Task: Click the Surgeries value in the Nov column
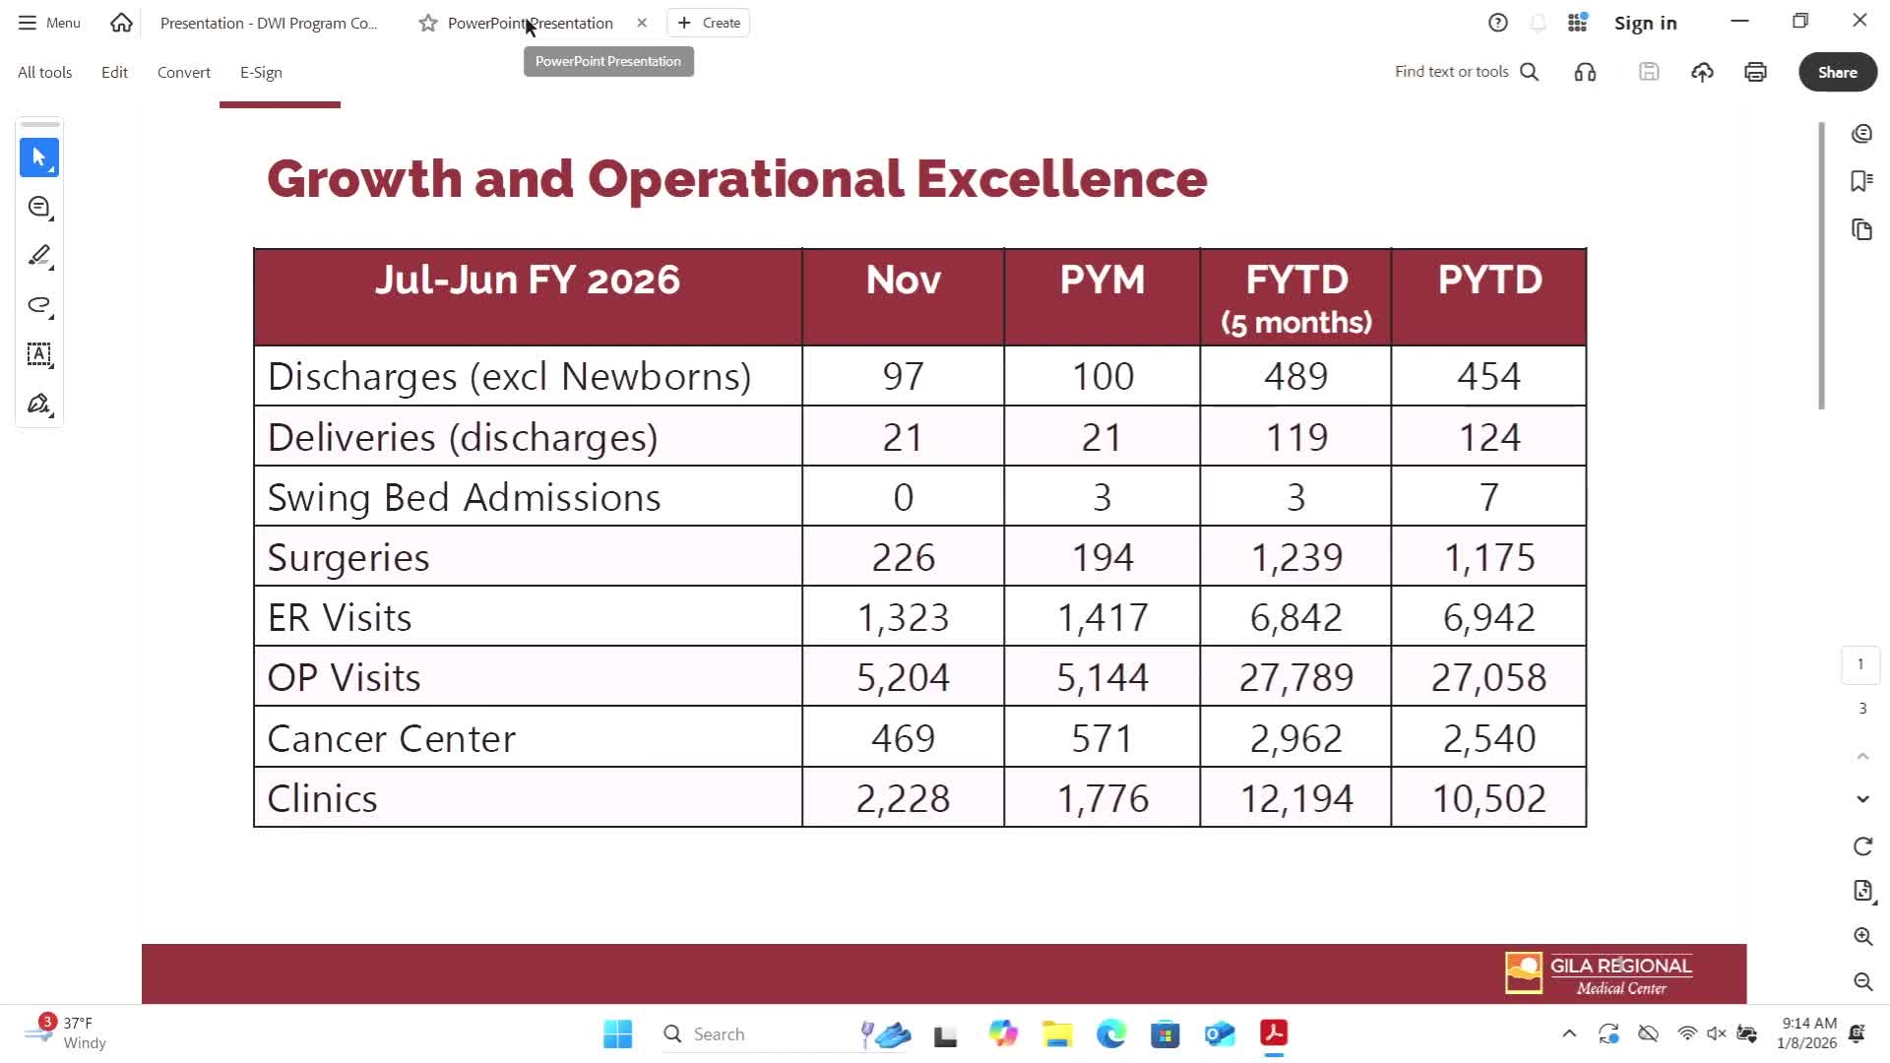[903, 558]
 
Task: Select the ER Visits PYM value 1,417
[1102, 618]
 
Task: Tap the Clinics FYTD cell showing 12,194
[1295, 798]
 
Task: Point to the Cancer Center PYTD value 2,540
[1488, 738]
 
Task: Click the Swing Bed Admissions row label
[464, 498]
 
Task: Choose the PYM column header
[1102, 281]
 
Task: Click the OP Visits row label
[344, 678]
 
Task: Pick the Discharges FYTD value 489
[1295, 377]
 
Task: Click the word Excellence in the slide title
[1061, 179]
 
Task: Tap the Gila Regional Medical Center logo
[1599, 973]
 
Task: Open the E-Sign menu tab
[261, 73]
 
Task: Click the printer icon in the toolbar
[1755, 72]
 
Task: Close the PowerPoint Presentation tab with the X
[642, 23]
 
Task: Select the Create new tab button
[709, 23]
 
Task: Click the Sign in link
[1645, 23]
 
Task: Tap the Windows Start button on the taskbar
[617, 1033]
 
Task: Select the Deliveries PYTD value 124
[1488, 438]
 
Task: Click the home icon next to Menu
[121, 23]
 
